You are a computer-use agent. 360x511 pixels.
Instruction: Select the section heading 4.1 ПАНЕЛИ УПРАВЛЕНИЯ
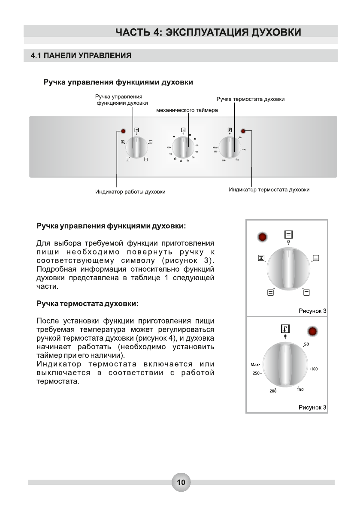click(81, 56)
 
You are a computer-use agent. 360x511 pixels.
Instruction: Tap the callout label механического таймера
click(187, 110)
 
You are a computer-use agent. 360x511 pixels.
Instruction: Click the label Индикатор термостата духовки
click(269, 189)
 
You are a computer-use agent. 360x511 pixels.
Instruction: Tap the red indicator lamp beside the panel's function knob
click(123, 131)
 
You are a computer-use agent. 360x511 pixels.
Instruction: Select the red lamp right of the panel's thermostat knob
click(243, 131)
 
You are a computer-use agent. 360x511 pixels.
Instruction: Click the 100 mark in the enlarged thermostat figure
click(314, 369)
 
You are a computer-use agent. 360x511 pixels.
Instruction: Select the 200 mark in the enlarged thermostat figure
click(273, 391)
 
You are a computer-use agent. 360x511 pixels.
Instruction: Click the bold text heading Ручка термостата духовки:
click(88, 303)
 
